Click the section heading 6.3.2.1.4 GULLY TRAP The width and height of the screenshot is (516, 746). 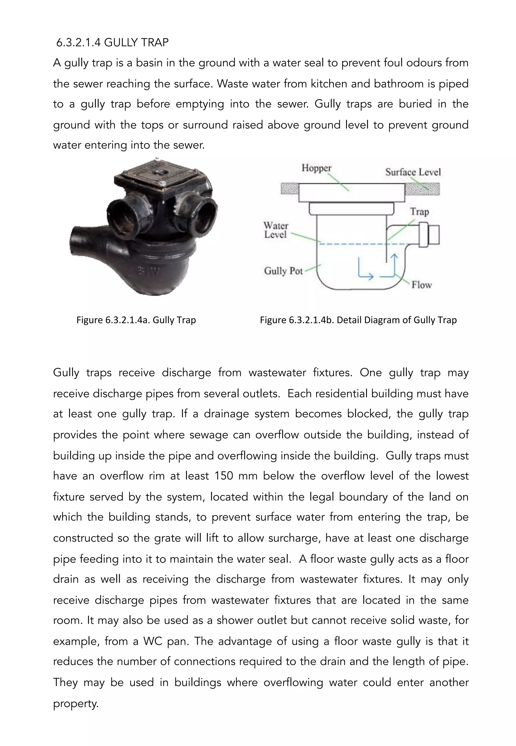coord(112,43)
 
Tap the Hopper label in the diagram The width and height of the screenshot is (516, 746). coord(316,168)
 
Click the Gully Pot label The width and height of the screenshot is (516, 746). coord(283,271)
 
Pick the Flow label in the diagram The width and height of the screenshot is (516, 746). coord(421,285)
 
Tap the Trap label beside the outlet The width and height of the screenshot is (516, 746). coord(419,212)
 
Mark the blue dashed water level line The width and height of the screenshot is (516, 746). coord(356,244)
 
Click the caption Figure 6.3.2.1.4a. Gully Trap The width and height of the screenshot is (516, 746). coord(136,320)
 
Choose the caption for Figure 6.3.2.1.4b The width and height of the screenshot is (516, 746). coord(358,320)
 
